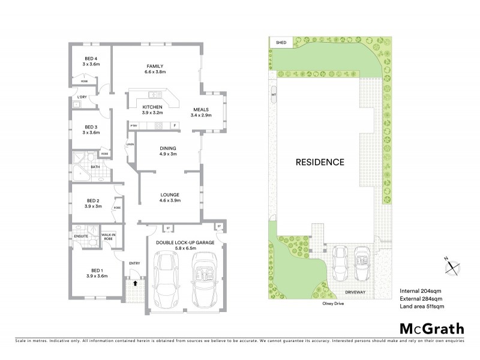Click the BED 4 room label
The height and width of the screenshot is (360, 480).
point(91,58)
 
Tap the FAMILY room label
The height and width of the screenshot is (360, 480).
point(155,66)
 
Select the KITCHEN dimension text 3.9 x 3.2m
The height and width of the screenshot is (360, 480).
point(152,112)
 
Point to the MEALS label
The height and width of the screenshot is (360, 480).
point(200,110)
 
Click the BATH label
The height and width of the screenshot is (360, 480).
point(95,167)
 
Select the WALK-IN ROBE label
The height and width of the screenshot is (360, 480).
point(109,236)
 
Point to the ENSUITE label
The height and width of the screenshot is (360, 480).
point(81,236)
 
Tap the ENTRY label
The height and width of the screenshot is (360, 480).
point(135,263)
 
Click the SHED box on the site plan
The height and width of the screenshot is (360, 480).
point(281,43)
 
